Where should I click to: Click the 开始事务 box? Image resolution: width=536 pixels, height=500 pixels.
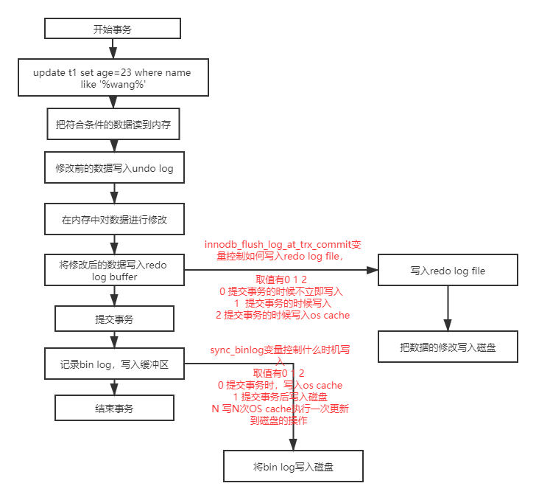tap(113, 29)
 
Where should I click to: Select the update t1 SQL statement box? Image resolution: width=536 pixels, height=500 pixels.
tap(113, 78)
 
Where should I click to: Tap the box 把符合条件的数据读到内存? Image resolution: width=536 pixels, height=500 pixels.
tap(113, 125)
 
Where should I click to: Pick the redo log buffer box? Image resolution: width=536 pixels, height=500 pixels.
tap(113, 271)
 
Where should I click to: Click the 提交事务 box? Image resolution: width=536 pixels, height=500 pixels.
tap(114, 319)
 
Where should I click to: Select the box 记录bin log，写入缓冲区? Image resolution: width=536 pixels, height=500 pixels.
tap(114, 364)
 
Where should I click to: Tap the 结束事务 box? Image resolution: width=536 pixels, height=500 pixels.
tap(114, 408)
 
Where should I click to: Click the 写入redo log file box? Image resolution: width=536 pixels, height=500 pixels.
tap(447, 271)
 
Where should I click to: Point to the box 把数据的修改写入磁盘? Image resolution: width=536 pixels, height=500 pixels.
tap(447, 347)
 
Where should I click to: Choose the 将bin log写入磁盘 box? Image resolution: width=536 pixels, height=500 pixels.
tap(292, 467)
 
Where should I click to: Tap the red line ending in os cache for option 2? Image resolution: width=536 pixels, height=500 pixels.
tap(283, 315)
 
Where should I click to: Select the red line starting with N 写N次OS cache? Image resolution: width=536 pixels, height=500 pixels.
tap(280, 409)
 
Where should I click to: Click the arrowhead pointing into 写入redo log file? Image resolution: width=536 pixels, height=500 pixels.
tap(373, 271)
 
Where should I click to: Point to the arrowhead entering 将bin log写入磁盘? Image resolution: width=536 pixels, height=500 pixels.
tap(292, 445)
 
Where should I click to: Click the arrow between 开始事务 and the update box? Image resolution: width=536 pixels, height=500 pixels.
tap(113, 49)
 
